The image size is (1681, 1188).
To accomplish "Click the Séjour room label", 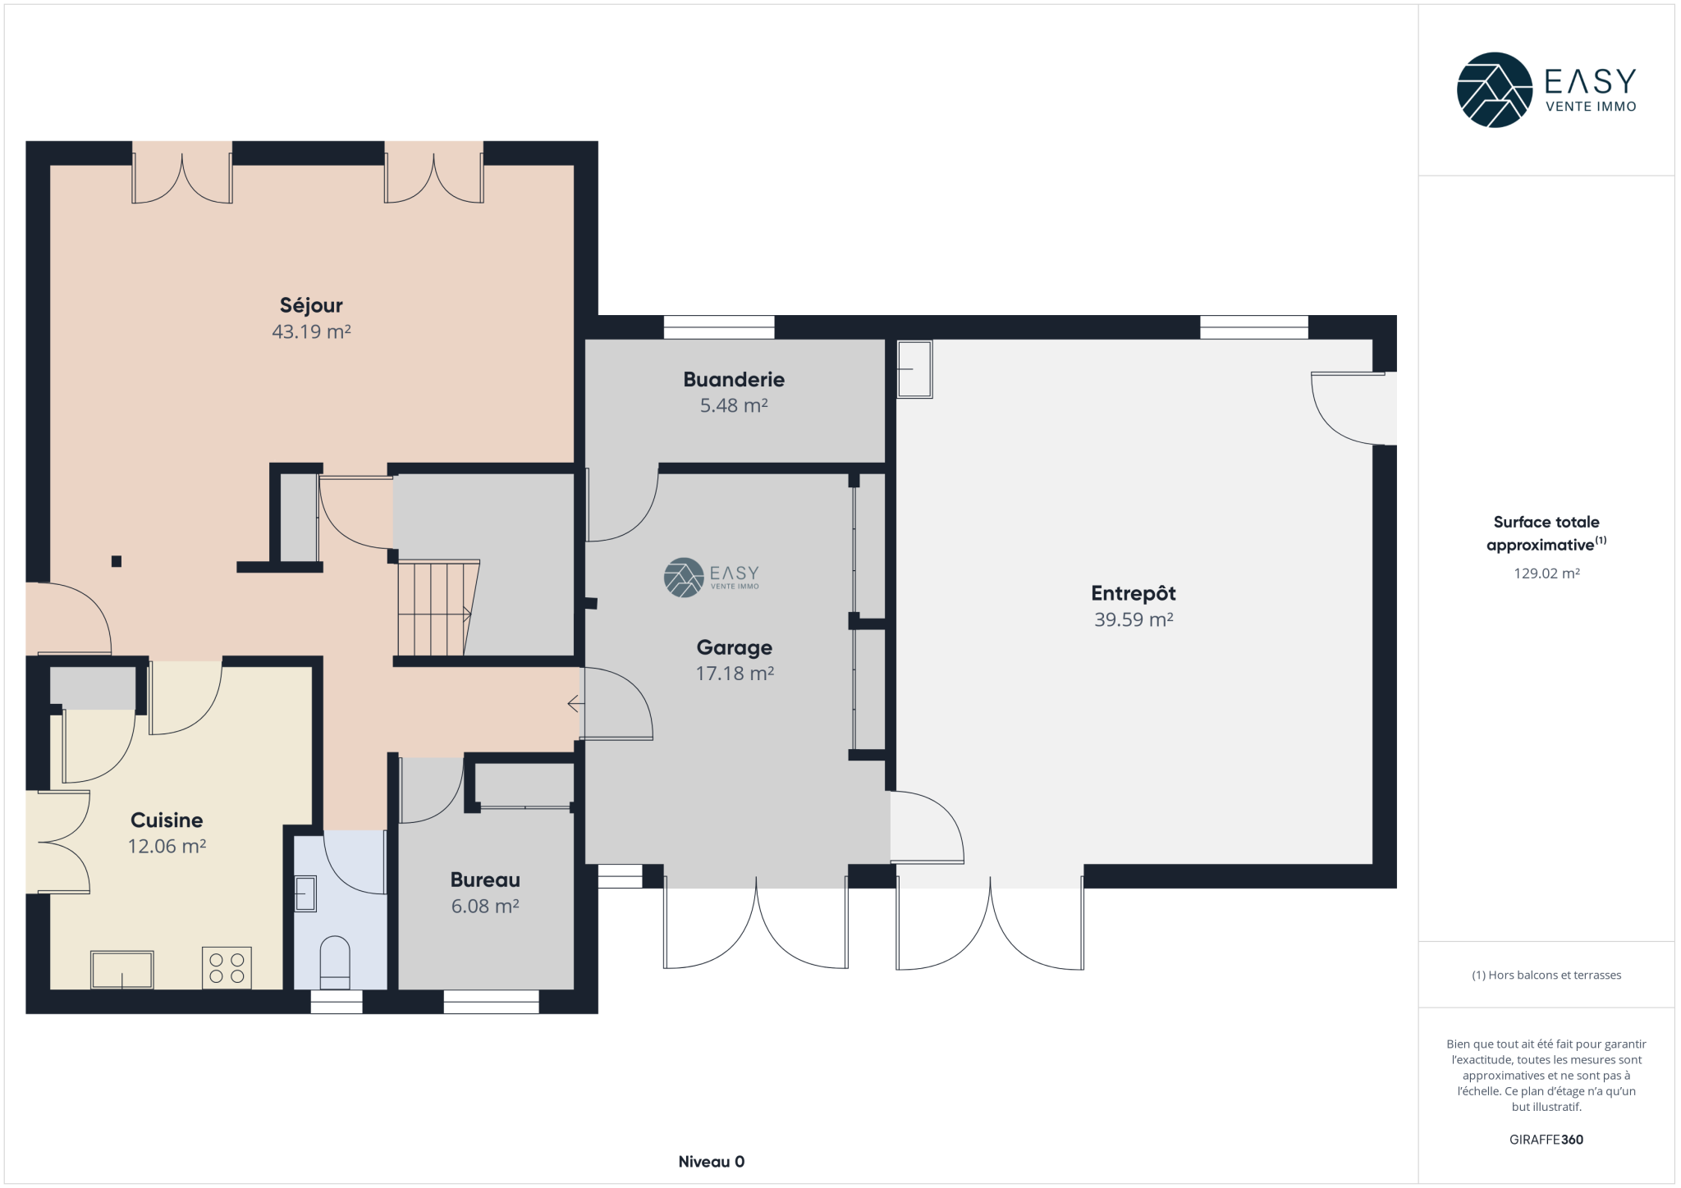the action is pyautogui.click(x=311, y=306).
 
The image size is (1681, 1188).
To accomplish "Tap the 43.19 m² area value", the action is pyautogui.click(x=311, y=331).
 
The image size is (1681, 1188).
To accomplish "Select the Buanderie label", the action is pyautogui.click(x=734, y=379).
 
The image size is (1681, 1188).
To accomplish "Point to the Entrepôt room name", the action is pyautogui.click(x=1133, y=592).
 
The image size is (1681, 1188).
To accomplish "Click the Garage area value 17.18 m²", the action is pyautogui.click(x=735, y=674).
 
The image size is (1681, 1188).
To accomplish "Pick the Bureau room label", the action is pyautogui.click(x=485, y=880).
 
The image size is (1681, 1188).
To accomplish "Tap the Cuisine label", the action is pyautogui.click(x=167, y=820).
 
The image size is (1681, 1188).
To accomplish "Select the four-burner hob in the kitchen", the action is pyautogui.click(x=227, y=968).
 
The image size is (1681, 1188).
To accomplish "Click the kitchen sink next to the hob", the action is pyautogui.click(x=121, y=970).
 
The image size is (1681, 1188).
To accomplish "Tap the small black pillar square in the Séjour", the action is pyautogui.click(x=117, y=561).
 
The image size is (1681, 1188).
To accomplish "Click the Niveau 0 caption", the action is pyautogui.click(x=711, y=1161).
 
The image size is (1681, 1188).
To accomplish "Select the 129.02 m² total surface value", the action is pyautogui.click(x=1546, y=573).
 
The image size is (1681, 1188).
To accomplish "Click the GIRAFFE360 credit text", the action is pyautogui.click(x=1546, y=1140).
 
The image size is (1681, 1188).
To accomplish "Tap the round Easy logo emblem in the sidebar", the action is pyautogui.click(x=1494, y=90).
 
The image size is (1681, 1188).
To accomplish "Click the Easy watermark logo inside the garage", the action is pyautogui.click(x=711, y=577).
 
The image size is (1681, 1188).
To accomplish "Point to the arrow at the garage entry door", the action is pyautogui.click(x=575, y=704).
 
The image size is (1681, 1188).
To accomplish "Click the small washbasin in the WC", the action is pyautogui.click(x=305, y=893).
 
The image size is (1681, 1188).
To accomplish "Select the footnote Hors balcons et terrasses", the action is pyautogui.click(x=1546, y=975).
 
